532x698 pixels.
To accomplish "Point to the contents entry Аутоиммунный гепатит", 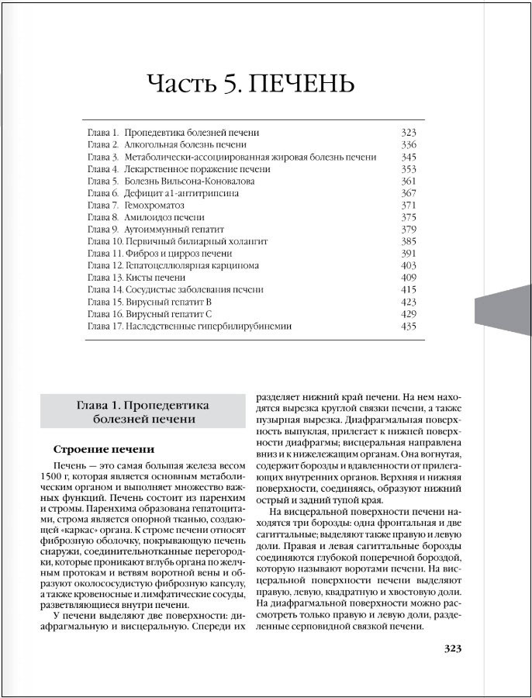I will (x=171, y=230).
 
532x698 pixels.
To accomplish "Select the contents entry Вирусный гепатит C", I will (x=168, y=314).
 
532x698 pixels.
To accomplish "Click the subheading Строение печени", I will (x=104, y=449).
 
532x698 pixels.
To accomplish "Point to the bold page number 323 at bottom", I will (x=452, y=648).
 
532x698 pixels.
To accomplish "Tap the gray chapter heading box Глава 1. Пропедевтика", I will (x=143, y=412).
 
